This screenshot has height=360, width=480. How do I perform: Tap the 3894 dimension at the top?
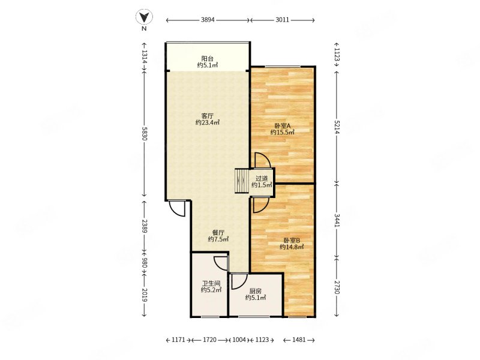208,20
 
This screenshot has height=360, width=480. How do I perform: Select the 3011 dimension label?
282,20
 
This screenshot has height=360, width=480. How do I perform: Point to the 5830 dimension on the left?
144,133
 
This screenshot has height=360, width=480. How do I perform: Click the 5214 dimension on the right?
337,127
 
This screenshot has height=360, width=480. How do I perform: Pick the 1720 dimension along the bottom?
210,340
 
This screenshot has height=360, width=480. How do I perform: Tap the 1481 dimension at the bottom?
299,340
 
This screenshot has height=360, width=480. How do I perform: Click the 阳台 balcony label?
207,58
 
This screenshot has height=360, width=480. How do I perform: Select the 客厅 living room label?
207,116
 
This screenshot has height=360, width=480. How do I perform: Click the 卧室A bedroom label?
282,125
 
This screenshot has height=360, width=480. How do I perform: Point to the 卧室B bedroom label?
292,241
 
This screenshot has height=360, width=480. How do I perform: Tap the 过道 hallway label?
262,178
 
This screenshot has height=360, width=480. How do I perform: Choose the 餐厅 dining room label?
218,233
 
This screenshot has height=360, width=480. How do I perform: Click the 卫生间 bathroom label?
211,283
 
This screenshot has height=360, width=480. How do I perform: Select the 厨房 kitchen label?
256,291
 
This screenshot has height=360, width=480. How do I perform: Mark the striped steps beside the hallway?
242,181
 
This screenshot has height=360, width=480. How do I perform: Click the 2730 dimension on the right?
337,287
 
